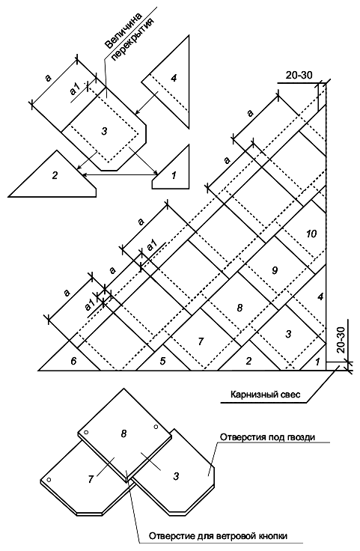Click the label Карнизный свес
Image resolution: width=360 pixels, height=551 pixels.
[x=265, y=395]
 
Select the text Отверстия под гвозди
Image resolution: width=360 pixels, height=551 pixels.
[x=267, y=437]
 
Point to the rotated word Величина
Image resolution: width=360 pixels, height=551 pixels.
[x=123, y=30]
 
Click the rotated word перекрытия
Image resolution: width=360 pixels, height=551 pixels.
[x=133, y=40]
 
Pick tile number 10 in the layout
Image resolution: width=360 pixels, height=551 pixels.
[x=311, y=234]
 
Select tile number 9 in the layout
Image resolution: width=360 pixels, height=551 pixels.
[x=275, y=270]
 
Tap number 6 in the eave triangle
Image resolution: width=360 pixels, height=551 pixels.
[x=73, y=361]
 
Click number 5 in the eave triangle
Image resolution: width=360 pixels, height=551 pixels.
[x=162, y=361]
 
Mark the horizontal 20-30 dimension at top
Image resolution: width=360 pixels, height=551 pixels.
[x=299, y=75]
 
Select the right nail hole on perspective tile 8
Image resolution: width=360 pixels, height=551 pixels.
[x=156, y=427]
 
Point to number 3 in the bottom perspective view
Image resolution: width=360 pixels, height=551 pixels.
[x=177, y=476]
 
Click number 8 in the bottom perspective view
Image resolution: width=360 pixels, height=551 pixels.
[x=123, y=433]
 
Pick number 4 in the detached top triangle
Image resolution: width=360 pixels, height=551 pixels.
[x=174, y=78]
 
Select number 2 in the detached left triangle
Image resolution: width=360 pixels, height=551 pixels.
[x=55, y=174]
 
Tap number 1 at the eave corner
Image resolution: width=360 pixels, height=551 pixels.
[x=317, y=362]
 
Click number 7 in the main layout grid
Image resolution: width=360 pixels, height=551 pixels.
[x=201, y=341]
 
